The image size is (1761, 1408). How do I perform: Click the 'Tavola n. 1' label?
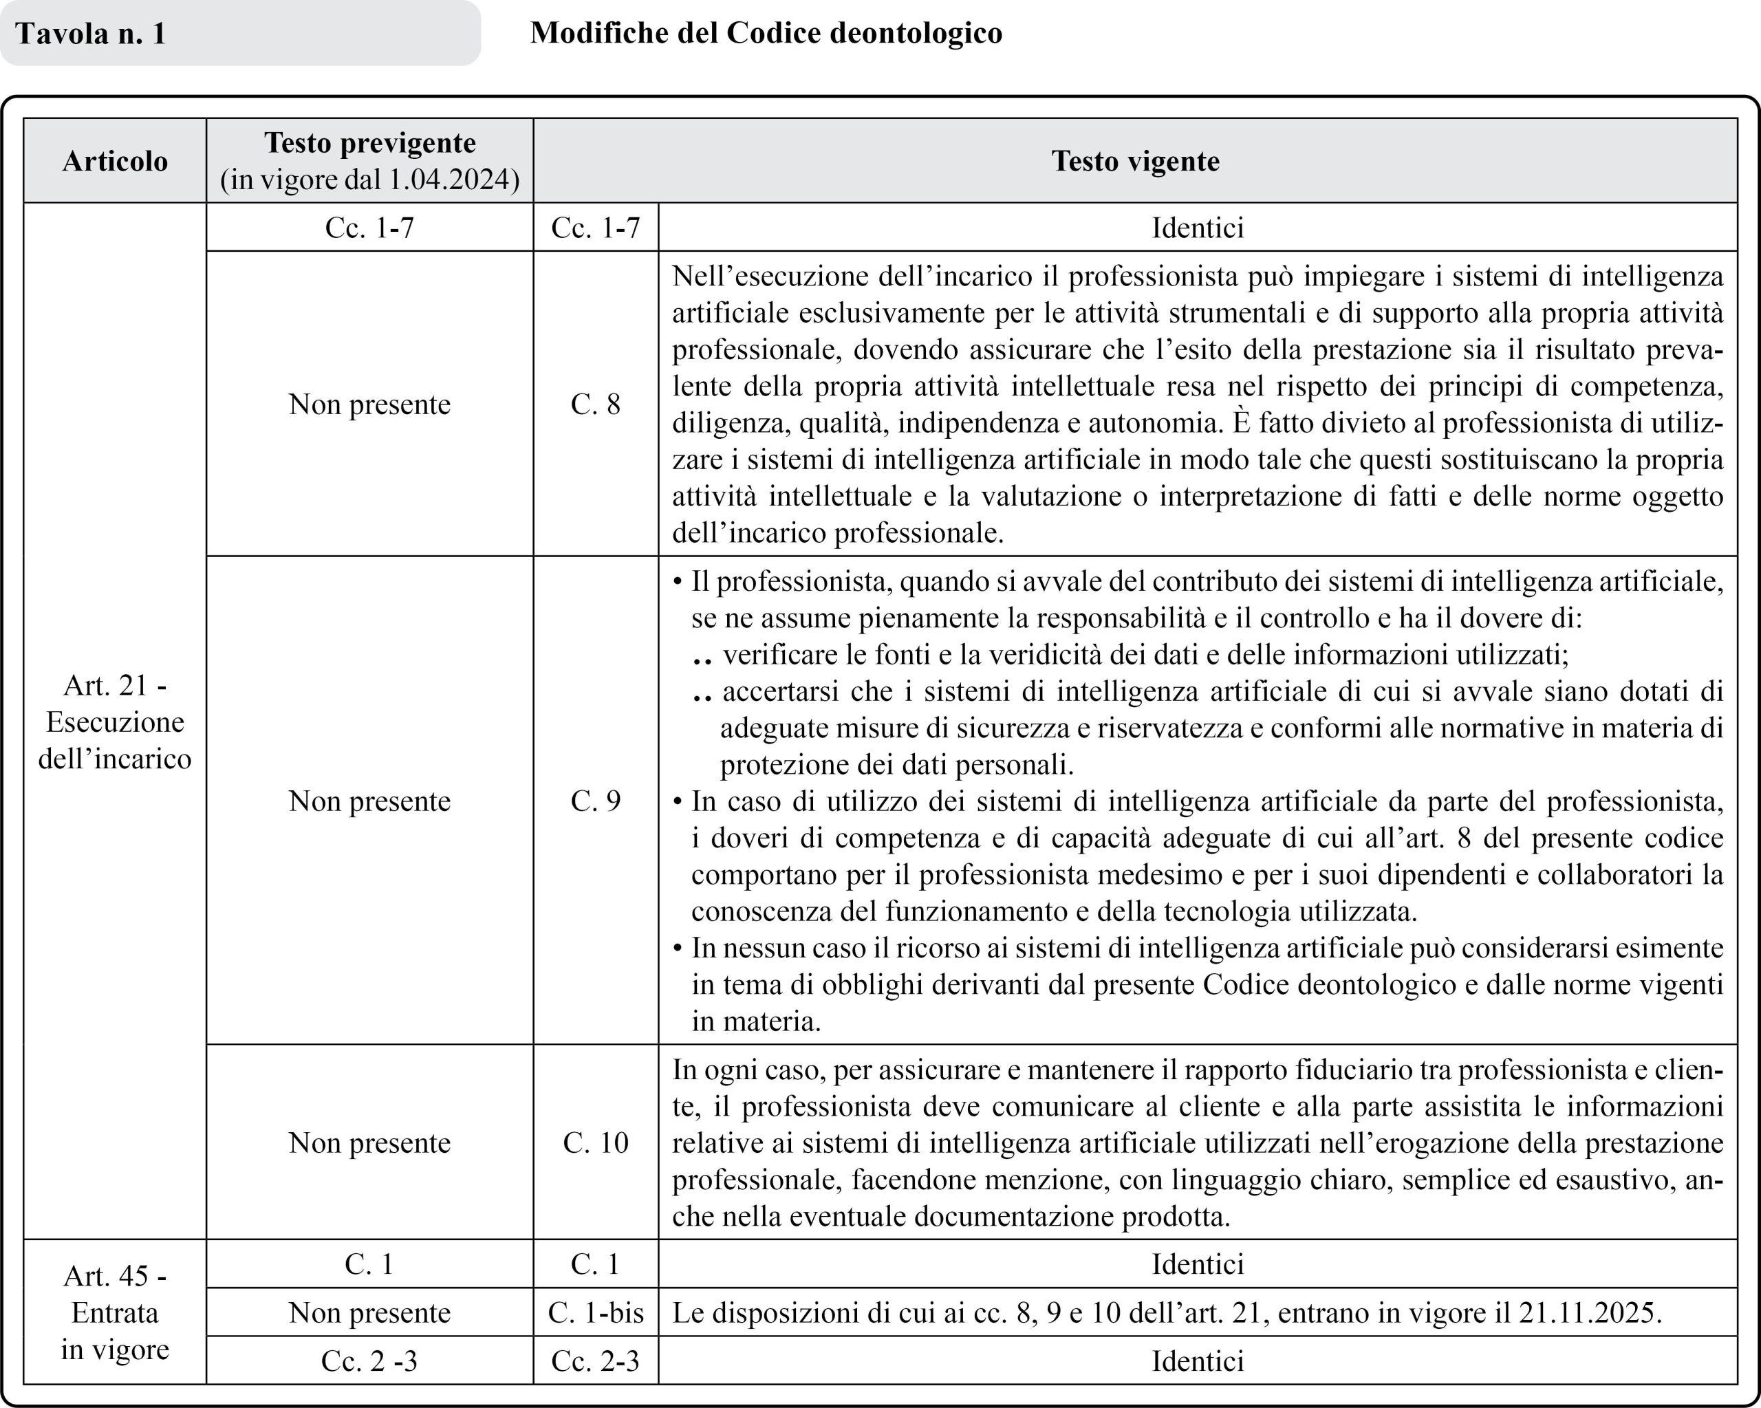point(91,34)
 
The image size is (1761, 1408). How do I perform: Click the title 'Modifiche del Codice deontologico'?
point(766,32)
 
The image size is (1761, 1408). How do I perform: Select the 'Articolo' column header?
point(115,161)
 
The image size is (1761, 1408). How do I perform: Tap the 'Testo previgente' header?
point(370,143)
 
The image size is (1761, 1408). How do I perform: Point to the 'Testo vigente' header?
point(1135,161)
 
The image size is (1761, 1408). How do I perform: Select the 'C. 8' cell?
point(596,404)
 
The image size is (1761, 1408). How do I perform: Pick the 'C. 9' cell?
point(596,801)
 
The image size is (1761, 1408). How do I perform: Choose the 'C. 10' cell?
point(596,1142)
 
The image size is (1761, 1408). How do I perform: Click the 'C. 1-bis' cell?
point(596,1312)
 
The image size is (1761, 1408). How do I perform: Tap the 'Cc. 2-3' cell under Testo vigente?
point(596,1361)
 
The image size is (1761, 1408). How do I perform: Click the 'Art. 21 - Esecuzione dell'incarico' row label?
point(115,722)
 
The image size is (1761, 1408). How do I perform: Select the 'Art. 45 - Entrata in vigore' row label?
point(115,1312)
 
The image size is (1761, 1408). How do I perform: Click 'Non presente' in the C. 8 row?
point(369,404)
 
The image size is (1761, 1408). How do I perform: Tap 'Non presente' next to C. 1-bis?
point(369,1312)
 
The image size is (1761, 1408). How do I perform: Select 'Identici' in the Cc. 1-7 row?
point(1198,227)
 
